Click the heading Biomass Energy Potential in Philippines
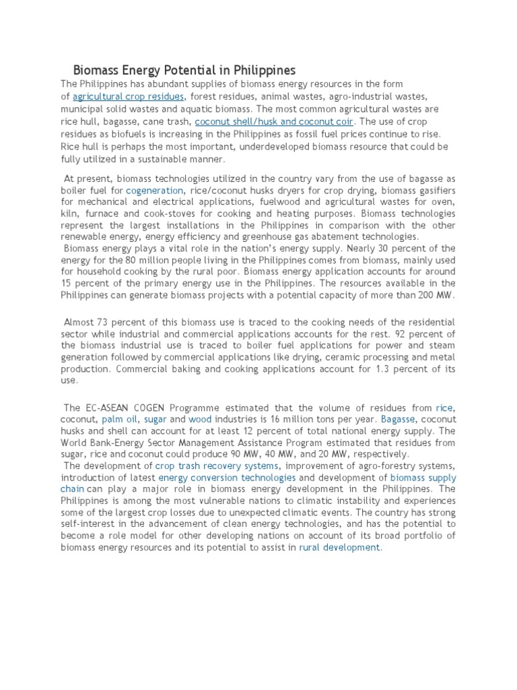pos(184,70)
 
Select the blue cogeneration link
pos(154,191)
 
